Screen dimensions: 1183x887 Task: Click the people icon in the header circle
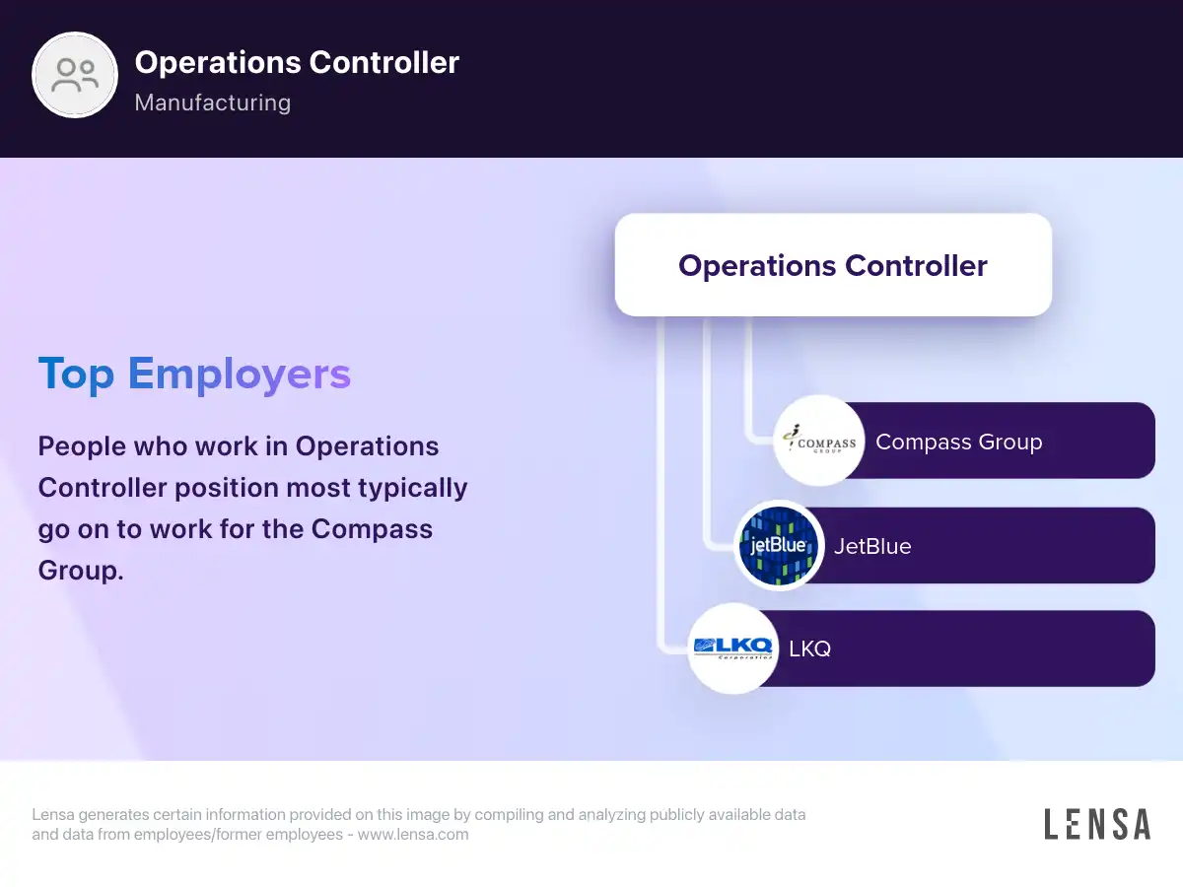(75, 75)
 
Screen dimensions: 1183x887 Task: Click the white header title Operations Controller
(297, 62)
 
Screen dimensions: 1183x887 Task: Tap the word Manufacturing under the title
(213, 102)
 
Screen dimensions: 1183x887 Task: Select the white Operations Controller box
(833, 265)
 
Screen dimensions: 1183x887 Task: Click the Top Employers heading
(194, 375)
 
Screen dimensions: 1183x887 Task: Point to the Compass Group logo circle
(819, 441)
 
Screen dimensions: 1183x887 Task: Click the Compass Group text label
(959, 443)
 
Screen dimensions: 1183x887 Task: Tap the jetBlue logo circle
(779, 545)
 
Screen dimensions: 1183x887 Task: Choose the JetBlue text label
(872, 546)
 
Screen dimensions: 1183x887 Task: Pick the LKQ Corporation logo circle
(733, 648)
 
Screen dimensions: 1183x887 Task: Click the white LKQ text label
(810, 648)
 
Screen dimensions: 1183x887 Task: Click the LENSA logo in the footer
(1097, 824)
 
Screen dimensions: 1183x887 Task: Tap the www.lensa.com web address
(413, 834)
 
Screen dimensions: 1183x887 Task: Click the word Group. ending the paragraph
(81, 571)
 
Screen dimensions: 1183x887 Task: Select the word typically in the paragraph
(413, 489)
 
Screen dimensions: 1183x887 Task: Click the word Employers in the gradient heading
(240, 375)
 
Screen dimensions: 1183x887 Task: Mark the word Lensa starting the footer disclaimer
(53, 814)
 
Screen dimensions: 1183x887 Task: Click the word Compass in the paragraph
(372, 530)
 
